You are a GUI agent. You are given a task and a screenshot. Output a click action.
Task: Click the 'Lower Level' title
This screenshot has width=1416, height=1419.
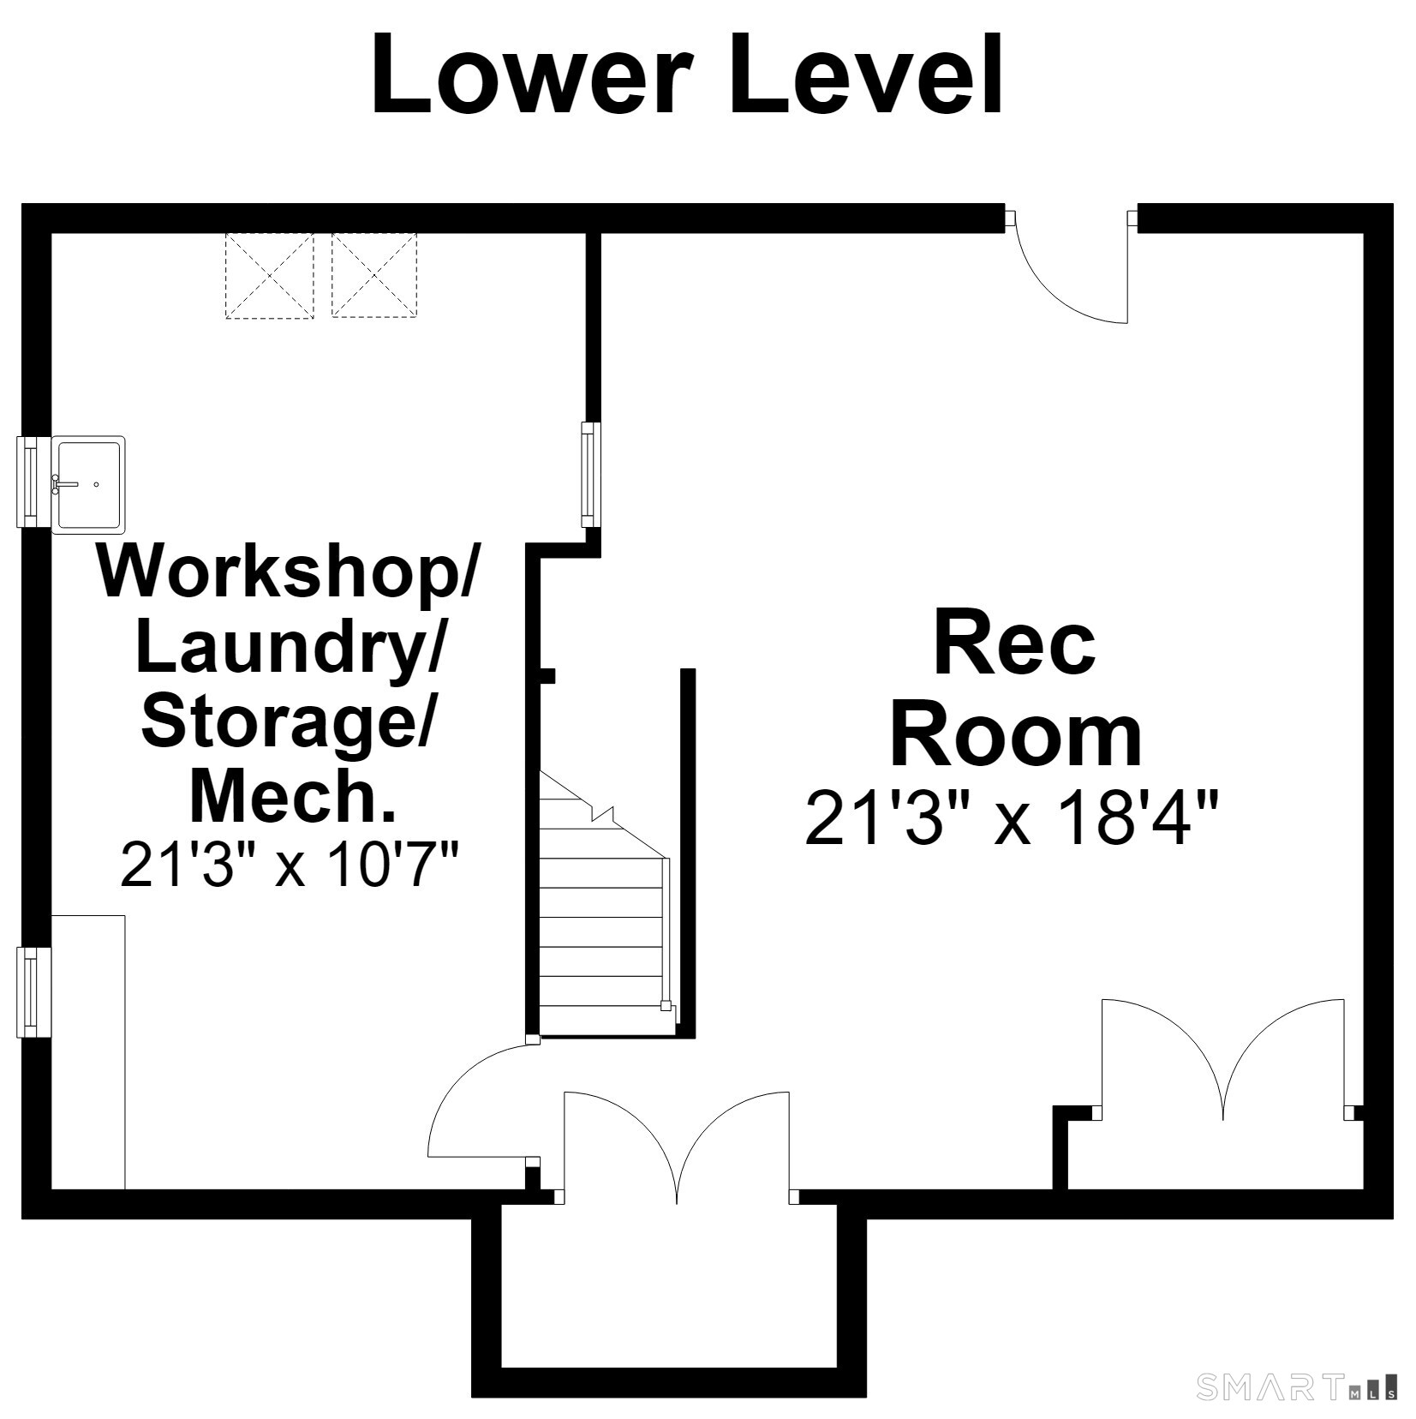click(686, 75)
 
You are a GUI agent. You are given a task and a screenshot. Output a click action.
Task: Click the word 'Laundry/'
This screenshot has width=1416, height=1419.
click(290, 649)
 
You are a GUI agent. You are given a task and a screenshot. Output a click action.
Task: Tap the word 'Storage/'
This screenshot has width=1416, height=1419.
click(288, 721)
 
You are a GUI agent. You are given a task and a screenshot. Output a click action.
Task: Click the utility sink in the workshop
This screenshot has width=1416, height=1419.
click(88, 485)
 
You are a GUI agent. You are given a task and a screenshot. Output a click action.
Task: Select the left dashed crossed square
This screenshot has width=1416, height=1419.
click(269, 276)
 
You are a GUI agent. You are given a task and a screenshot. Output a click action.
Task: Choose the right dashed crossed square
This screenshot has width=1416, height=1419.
click(374, 276)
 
